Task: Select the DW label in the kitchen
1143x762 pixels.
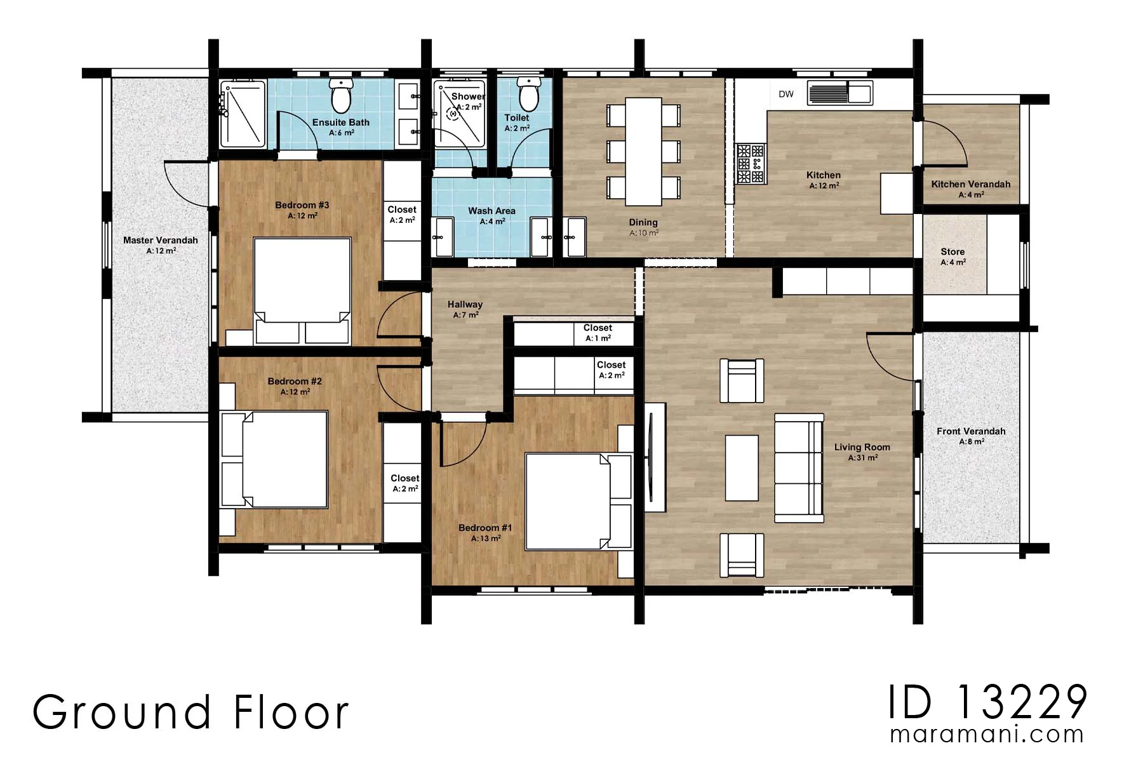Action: (786, 94)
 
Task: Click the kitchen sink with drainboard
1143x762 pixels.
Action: (840, 93)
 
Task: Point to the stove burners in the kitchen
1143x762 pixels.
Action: (751, 164)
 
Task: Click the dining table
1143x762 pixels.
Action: (643, 151)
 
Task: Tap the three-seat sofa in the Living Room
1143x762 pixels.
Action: (799, 468)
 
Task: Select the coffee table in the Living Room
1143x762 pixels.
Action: (742, 467)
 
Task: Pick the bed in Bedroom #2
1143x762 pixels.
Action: (274, 459)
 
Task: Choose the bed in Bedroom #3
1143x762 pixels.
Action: (302, 291)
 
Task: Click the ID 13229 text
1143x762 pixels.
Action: (987, 702)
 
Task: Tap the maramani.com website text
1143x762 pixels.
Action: (987, 735)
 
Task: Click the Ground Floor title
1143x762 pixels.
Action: (190, 711)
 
